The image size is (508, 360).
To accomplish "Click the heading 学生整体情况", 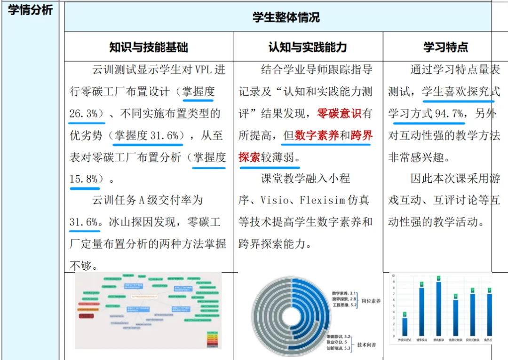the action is coord(286,18).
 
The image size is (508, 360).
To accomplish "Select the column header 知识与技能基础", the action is coord(148,47).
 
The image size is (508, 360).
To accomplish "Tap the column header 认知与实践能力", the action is coord(308,47).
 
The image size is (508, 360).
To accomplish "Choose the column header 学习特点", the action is coord(445,47).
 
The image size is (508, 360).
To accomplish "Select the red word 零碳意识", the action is coord(339,114).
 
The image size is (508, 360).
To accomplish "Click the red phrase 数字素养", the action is coord(316,136).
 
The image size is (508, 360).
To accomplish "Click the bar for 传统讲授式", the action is coord(405,326).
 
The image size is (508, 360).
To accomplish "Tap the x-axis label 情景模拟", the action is coord(421,339).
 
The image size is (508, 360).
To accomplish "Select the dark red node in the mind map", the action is coord(86,316).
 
